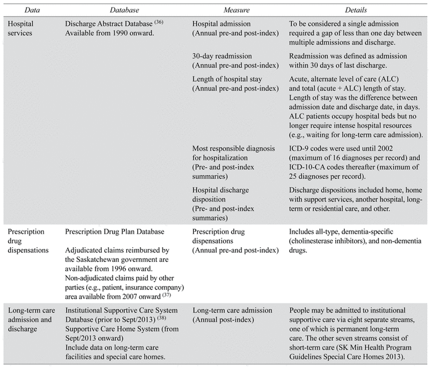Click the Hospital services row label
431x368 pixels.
[x=24, y=27]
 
